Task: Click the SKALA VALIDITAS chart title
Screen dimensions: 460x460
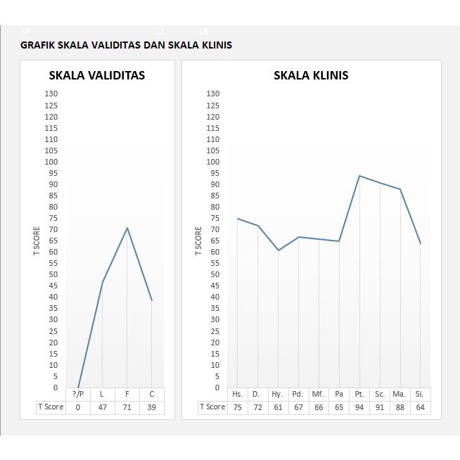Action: [x=96, y=76]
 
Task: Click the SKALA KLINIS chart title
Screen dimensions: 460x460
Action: [x=311, y=76]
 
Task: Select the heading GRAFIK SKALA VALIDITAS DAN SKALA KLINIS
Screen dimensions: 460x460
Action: [x=127, y=45]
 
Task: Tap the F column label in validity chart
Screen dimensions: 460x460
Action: [x=127, y=394]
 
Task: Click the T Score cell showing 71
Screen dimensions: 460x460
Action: [x=127, y=407]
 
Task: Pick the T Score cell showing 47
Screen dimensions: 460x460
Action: [x=103, y=407]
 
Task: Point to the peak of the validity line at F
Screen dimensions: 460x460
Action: [x=127, y=227]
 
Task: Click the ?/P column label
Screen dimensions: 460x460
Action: [x=78, y=394]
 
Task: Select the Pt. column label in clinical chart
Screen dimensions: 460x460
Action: [x=359, y=394]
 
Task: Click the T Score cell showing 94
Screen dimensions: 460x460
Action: [x=359, y=407]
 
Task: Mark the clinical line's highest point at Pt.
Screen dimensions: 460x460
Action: [x=359, y=176]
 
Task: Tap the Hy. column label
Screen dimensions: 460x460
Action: [x=278, y=394]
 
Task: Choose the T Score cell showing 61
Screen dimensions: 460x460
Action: [x=278, y=407]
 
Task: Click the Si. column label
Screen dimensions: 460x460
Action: [x=421, y=394]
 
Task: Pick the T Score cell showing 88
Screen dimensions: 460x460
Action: [x=400, y=407]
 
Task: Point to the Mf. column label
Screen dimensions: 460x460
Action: [x=319, y=394]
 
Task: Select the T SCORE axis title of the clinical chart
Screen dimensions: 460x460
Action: [x=198, y=241]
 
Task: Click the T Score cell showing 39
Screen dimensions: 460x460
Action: [x=152, y=407]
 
